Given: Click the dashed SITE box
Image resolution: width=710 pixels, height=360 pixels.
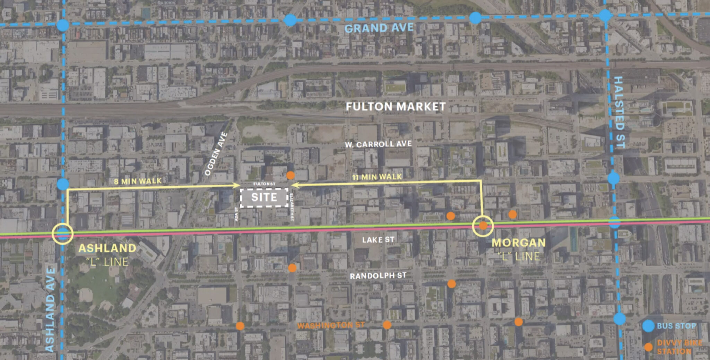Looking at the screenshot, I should tap(264, 197).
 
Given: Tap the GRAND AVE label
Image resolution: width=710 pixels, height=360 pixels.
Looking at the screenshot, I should tap(379, 28).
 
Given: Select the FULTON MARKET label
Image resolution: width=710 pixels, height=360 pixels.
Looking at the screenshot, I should tap(396, 106).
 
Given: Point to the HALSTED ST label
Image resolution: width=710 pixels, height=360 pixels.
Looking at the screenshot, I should tap(619, 112).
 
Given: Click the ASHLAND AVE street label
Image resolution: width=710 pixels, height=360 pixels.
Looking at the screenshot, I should tap(50, 309).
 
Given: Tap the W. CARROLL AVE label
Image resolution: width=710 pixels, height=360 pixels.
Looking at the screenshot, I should tap(378, 144).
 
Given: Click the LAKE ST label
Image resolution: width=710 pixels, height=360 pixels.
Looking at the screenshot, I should tap(378, 240).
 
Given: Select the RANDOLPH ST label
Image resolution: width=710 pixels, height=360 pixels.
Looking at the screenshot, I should tap(378, 276).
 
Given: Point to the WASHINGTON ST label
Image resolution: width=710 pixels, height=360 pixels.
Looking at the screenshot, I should tap(331, 325).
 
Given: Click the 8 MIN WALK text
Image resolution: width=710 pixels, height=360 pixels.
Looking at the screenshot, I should tap(138, 181).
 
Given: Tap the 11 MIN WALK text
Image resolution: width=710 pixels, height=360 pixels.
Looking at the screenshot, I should tap(377, 177).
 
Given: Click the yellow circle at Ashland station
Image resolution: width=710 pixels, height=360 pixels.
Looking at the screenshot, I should tap(62, 234).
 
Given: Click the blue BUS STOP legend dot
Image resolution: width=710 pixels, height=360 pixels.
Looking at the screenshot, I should tap(648, 326).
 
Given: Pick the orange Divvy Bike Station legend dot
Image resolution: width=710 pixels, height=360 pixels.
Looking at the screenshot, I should tap(648, 347).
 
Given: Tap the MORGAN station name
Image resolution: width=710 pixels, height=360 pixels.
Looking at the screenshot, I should tap(519, 243).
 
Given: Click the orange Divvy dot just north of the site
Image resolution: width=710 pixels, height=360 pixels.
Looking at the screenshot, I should tap(291, 175).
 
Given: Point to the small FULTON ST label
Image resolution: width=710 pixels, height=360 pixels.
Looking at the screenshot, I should tap(264, 184).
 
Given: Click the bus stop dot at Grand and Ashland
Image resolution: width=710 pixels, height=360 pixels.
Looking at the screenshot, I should tap(63, 25).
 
